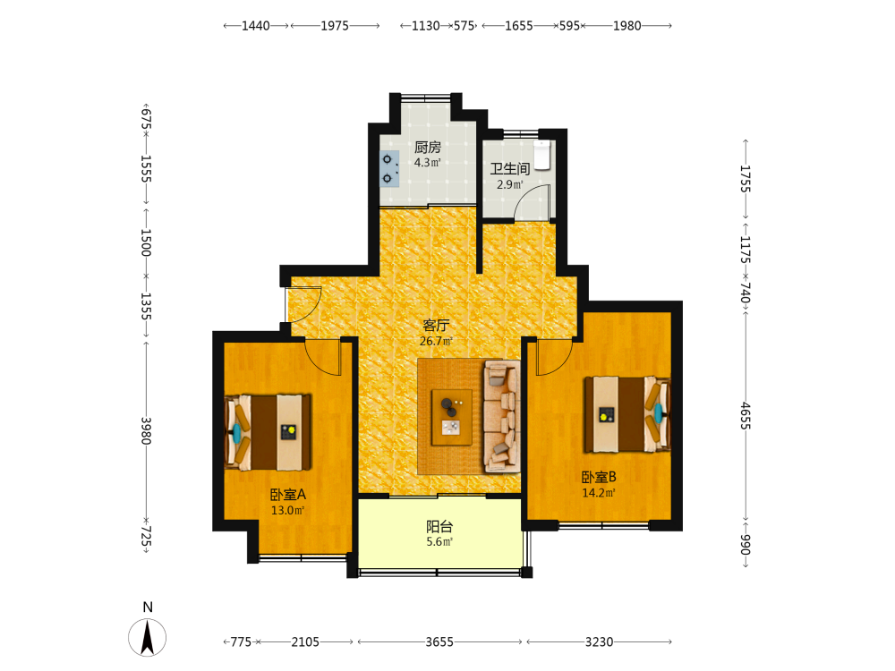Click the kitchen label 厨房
428,148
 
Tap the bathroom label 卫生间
510,169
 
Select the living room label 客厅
436,326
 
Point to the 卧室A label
287,495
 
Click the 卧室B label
599,477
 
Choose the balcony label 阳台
439,527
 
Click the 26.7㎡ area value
436,341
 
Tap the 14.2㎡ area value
599,493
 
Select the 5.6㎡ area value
439,542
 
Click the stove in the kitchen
389,169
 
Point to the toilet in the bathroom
541,155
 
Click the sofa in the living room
502,417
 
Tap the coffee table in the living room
451,417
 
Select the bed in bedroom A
268,432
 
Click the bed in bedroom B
627,415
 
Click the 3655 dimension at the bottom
439,641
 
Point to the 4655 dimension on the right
746,416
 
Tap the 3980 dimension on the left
146,431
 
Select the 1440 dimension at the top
256,26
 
